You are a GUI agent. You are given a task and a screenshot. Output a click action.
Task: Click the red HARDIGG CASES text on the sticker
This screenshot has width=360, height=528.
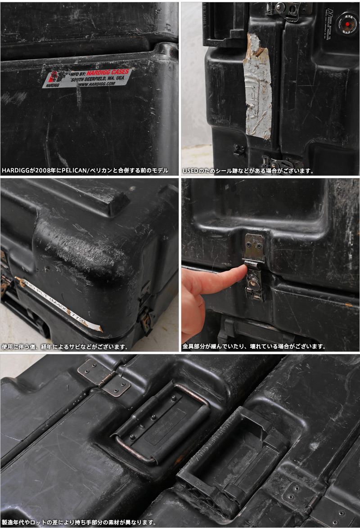tap(108, 72)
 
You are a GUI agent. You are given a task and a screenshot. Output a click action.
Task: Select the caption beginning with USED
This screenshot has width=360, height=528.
tap(247, 171)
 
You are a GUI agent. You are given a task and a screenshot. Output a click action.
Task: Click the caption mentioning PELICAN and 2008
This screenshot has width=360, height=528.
tap(85, 171)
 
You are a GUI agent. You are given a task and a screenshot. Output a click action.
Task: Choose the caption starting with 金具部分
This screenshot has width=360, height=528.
tap(254, 347)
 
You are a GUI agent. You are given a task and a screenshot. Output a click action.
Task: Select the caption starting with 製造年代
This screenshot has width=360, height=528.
tap(79, 523)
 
